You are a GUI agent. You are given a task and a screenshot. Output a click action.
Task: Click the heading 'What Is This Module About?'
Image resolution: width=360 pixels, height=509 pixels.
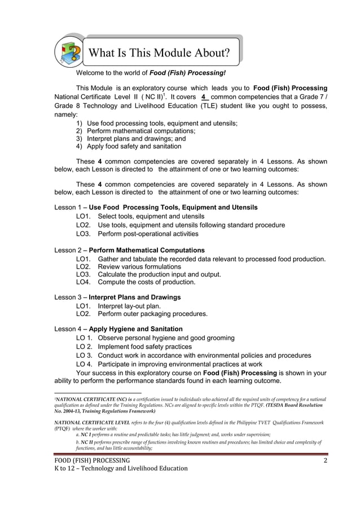160,54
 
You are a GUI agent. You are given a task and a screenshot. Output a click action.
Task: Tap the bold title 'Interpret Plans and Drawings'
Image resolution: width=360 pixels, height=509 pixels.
135,297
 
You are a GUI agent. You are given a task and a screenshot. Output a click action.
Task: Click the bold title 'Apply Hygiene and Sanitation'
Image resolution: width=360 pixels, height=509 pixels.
135,329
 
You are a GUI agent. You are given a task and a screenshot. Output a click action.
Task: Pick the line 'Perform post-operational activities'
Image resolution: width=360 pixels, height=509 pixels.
148,234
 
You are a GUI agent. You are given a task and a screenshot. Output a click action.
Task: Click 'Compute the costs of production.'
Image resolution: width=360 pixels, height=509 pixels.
147,282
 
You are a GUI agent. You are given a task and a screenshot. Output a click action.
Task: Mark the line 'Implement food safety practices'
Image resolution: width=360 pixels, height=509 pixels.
144,346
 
